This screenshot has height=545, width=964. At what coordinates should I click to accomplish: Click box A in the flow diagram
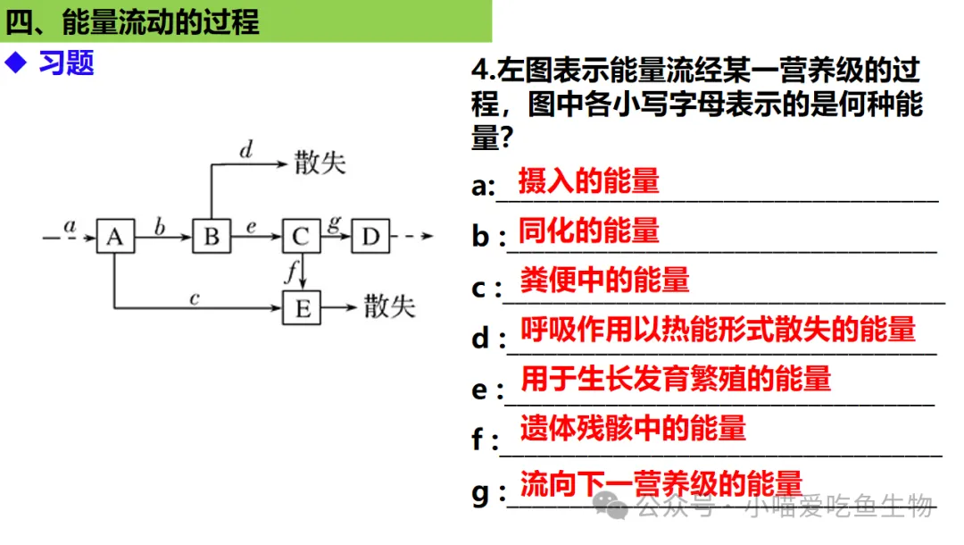click(x=114, y=237)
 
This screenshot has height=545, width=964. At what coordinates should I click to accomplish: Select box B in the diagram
click(x=211, y=237)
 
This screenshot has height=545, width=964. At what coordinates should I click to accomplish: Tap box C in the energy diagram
click(x=301, y=237)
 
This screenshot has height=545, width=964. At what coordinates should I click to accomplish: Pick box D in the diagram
click(x=370, y=237)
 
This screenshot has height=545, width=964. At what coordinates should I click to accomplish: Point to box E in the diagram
click(x=302, y=309)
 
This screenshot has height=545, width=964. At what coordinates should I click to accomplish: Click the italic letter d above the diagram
click(x=245, y=150)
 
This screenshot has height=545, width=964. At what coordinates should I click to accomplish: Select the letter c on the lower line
click(x=194, y=298)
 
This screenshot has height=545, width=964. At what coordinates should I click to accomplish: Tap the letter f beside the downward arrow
click(x=290, y=272)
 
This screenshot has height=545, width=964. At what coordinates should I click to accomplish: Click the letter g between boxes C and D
click(x=334, y=223)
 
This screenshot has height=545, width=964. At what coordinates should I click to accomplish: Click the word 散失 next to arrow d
click(x=320, y=163)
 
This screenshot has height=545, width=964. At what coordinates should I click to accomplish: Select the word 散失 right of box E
click(x=389, y=308)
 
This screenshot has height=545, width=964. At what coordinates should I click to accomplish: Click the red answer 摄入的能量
click(x=588, y=181)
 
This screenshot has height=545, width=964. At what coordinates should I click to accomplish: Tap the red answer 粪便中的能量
click(x=604, y=281)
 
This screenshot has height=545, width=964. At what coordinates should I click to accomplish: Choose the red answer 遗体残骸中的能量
click(x=632, y=429)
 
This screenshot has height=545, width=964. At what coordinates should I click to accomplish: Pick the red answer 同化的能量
click(x=588, y=231)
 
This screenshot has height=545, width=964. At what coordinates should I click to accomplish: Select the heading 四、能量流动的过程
click(x=132, y=21)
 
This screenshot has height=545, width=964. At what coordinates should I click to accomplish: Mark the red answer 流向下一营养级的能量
click(x=661, y=484)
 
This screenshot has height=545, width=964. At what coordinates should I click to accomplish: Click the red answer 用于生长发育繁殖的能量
click(x=675, y=378)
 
